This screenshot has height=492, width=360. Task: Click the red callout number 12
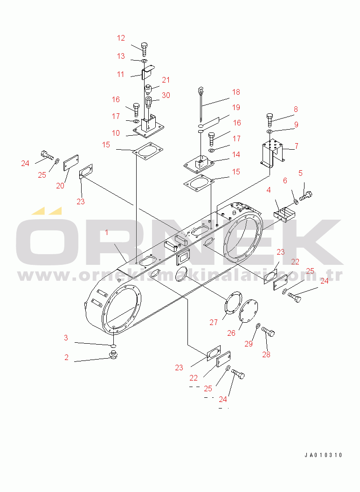[121, 38]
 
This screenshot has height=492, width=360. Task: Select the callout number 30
[166, 95]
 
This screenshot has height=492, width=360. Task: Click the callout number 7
[296, 146]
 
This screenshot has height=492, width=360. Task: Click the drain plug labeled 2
[114, 355]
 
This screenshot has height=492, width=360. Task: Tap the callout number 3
[66, 338]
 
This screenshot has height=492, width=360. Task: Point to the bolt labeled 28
[268, 331]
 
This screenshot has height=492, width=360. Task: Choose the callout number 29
[249, 344]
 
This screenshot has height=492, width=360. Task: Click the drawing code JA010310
[323, 455]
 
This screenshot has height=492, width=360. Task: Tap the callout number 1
[107, 233]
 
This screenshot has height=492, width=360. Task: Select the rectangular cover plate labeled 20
[71, 163]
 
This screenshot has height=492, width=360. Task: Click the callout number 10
[116, 133]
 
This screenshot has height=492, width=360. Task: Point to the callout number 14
[236, 154]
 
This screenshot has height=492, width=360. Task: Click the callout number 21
[166, 80]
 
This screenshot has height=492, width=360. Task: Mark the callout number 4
[269, 190]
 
